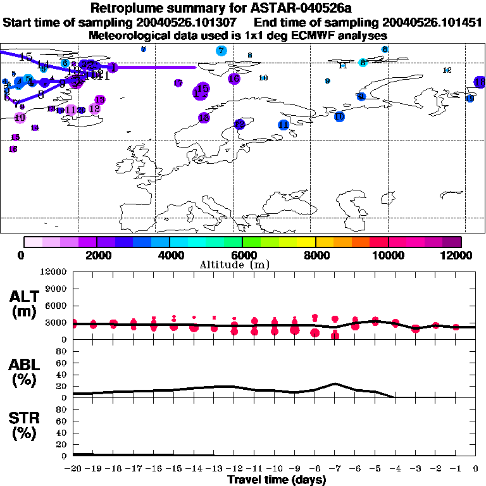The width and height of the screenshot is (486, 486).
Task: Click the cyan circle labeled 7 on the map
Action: click(221, 51)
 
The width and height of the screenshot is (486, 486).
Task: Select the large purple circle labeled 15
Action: click(202, 90)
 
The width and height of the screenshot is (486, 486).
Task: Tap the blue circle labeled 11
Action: click(283, 125)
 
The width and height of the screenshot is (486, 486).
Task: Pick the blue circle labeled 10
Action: click(339, 116)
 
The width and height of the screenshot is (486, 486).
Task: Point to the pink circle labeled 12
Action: click(95, 108)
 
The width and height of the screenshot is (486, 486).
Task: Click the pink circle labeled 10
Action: click(20, 117)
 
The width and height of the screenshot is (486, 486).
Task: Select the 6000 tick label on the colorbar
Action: click(243, 255)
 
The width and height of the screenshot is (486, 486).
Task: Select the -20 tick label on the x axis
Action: click(74, 469)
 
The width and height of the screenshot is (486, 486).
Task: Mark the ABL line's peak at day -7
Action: click(335, 383)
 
